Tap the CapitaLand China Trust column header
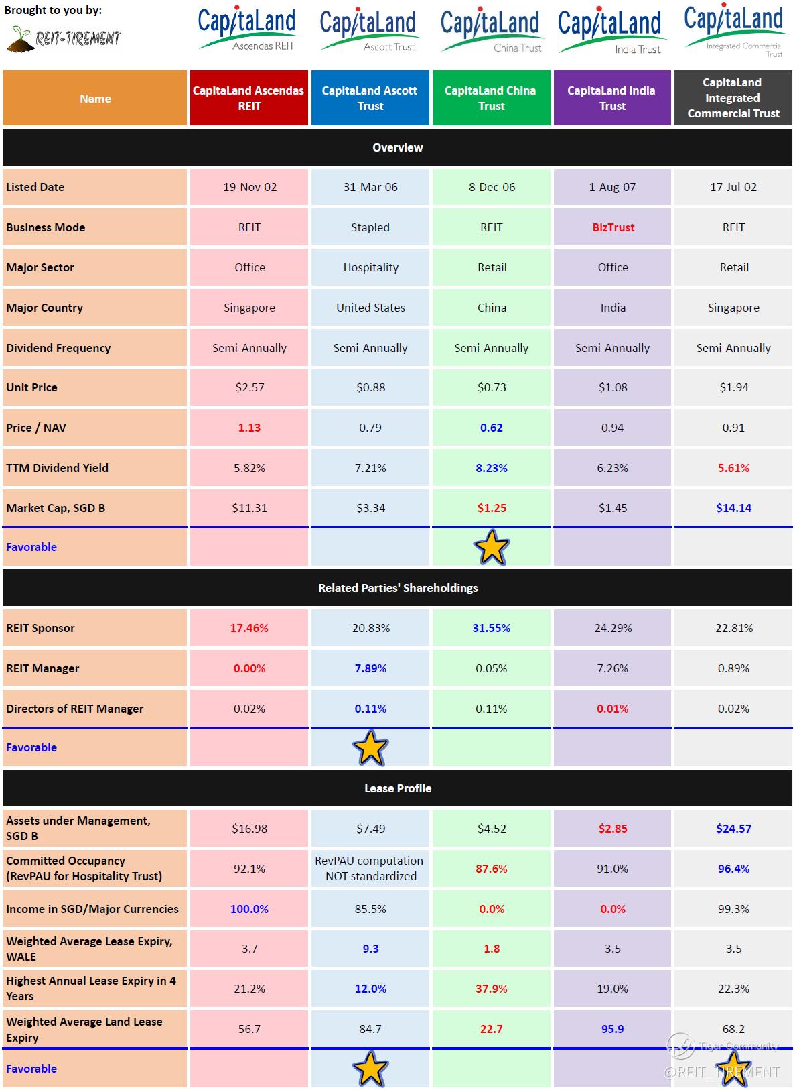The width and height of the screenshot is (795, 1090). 491,98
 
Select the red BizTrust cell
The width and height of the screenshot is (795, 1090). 613,227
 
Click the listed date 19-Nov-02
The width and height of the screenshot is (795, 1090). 249,187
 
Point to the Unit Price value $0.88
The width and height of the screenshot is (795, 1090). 370,387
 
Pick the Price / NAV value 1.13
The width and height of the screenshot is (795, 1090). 249,428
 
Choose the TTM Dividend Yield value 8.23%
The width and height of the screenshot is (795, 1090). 491,468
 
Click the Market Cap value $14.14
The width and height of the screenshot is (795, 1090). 733,508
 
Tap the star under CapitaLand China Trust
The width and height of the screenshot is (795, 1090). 492,548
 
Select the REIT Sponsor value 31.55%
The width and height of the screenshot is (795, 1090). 491,628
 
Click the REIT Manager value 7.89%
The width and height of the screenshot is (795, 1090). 370,668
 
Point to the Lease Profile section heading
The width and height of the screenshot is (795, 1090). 398,788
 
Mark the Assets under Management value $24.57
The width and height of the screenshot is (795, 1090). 733,828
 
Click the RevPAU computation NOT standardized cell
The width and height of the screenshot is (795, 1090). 370,868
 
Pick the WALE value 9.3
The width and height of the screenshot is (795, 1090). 370,949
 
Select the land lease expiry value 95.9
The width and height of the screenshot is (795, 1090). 612,1029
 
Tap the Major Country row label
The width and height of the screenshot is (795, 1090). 45,308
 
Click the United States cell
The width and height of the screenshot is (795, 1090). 370,308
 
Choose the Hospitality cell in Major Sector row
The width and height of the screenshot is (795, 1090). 370,267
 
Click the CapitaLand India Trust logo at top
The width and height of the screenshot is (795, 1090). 609,30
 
